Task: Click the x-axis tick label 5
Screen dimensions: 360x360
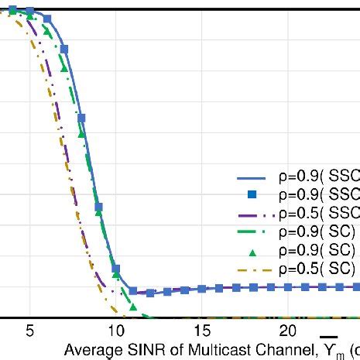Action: pyautogui.click(x=29, y=331)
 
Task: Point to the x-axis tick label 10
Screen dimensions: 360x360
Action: pyautogui.click(x=115, y=331)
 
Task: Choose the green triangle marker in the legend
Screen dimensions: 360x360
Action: pyautogui.click(x=252, y=250)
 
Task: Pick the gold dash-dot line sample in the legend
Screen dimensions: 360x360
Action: pyautogui.click(x=252, y=269)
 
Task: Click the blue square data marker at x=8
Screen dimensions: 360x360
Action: pyautogui.click(x=81, y=118)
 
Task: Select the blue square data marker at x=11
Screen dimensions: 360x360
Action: pyautogui.click(x=132, y=291)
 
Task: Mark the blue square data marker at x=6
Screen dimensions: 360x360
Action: pyautogui.click(x=47, y=19)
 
